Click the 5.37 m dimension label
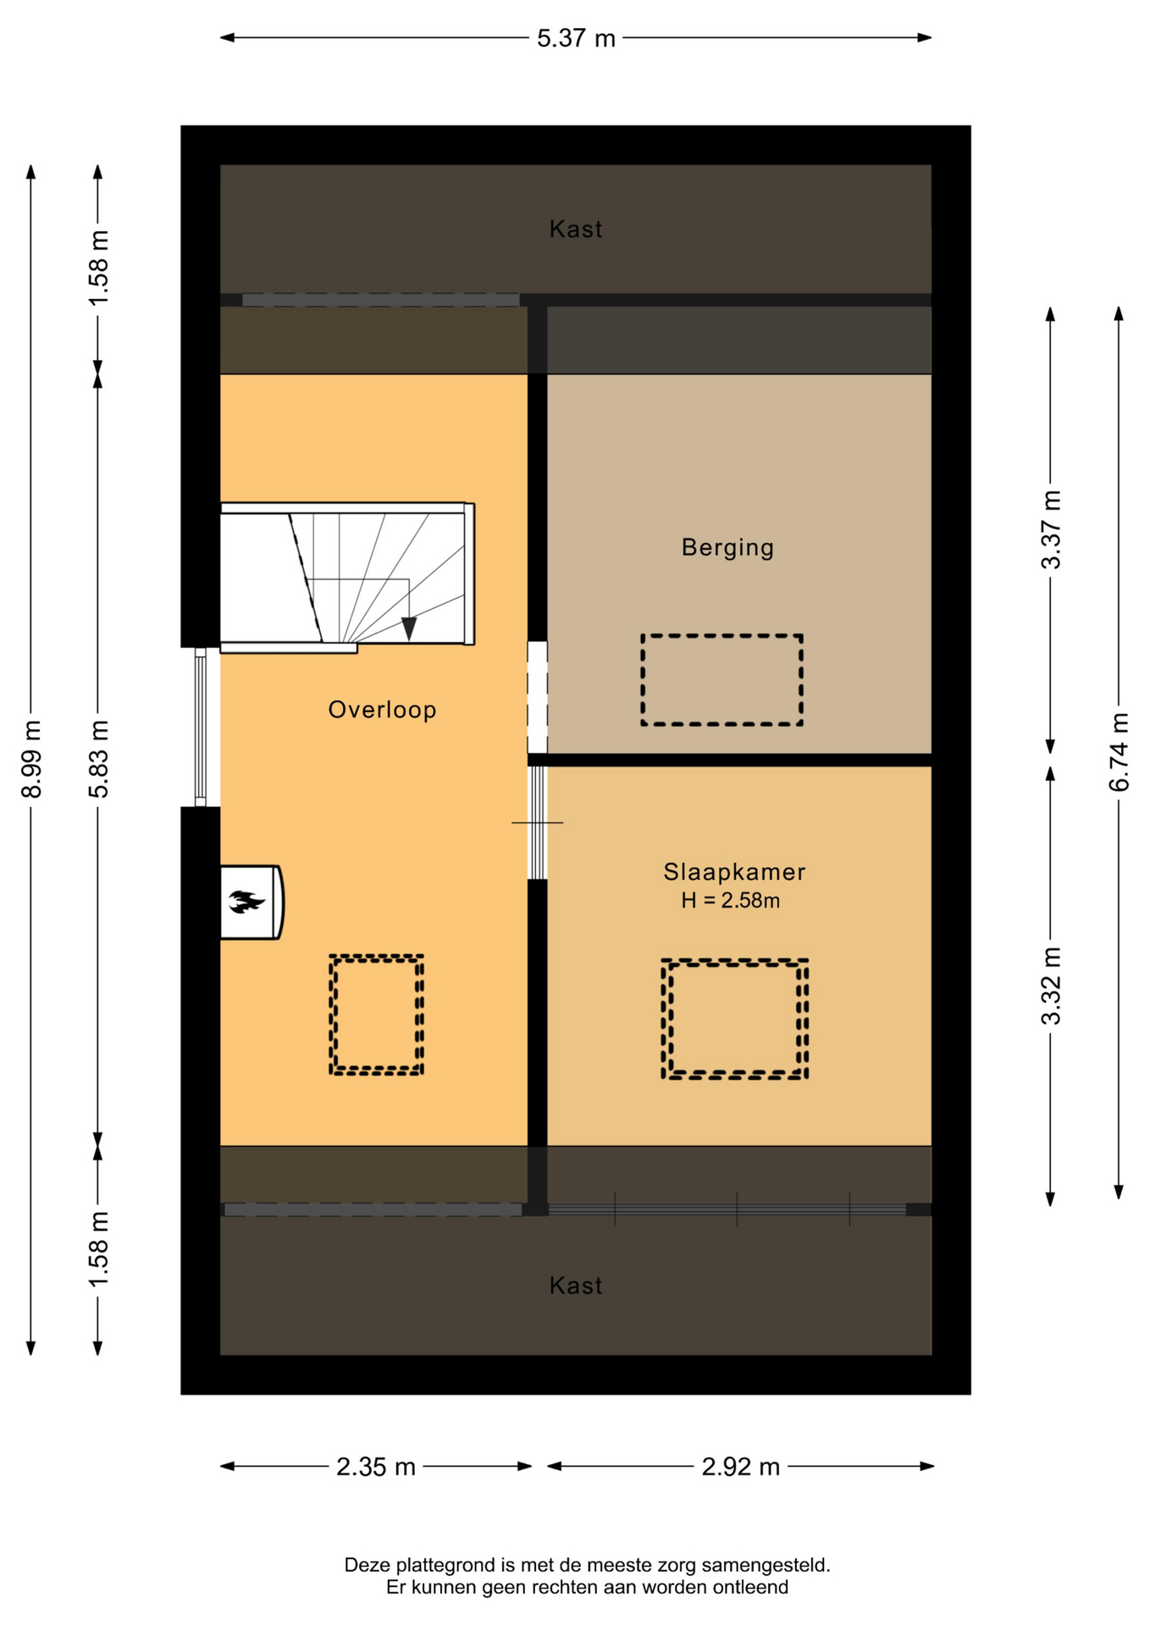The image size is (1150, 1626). [576, 38]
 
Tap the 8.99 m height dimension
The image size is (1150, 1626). [31, 759]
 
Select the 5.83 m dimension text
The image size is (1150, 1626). [99, 759]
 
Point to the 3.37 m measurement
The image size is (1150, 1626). [1051, 529]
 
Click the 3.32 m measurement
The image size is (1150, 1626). [1051, 986]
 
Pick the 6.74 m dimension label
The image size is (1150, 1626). [1119, 752]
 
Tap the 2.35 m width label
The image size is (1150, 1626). [376, 1467]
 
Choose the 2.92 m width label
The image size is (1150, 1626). [740, 1467]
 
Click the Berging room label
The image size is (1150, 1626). [727, 548]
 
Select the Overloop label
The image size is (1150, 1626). [382, 710]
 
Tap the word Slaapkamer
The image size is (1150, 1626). [734, 871]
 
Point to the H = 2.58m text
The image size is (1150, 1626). [730, 900]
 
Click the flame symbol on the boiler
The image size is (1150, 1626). [246, 901]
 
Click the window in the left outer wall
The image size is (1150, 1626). [201, 727]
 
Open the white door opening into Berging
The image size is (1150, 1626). [537, 697]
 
